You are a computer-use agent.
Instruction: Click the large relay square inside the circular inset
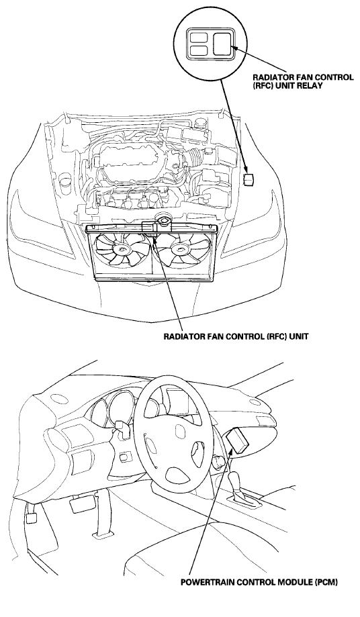coord(222,44)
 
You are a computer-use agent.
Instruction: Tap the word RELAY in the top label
coord(311,85)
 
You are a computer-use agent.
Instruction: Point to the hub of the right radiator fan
coord(179,248)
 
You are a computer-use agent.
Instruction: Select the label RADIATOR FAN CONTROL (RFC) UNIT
coord(236,337)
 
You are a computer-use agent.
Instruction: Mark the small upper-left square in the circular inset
coord(198,38)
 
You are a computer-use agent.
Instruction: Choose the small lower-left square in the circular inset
coord(198,50)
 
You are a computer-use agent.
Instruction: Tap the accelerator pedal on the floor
coord(30,518)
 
